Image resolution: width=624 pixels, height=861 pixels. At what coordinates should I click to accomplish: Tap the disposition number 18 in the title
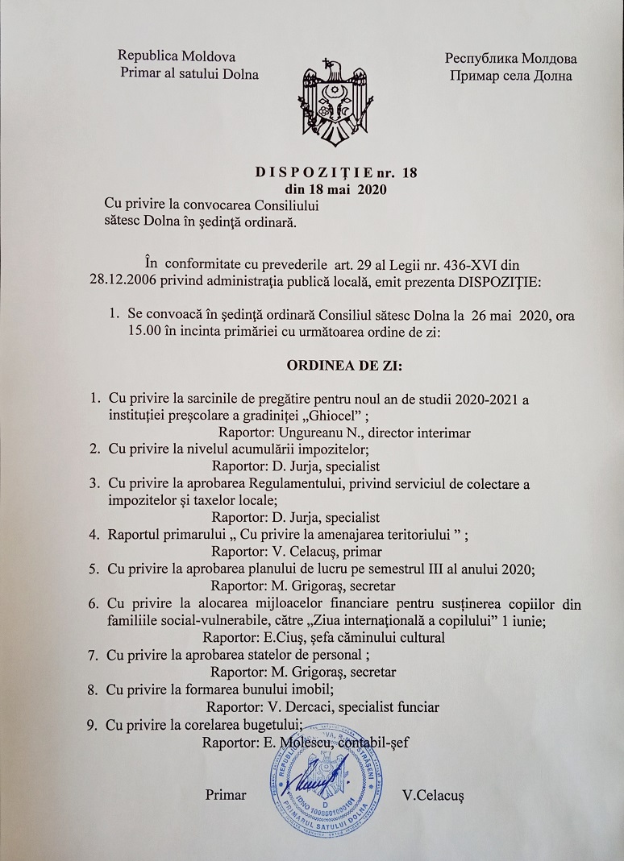[x=410, y=172]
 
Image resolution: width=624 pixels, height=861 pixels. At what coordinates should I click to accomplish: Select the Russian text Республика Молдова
[x=510, y=59]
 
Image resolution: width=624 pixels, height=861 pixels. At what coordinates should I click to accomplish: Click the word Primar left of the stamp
[x=226, y=794]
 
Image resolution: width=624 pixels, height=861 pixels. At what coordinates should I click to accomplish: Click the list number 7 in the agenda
[x=94, y=654]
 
